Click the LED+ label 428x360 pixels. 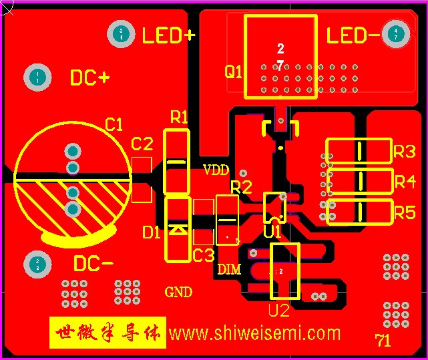pos(168,35)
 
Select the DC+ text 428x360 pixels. pos(89,78)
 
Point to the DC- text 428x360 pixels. pos(93,263)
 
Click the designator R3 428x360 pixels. pos(405,151)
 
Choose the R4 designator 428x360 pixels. pos(405,182)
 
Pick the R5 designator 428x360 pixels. pos(405,213)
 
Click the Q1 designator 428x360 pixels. pos(233,72)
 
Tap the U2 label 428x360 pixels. pos(278,311)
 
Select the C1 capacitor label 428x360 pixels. pos(114,124)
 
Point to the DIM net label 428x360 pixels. pos(229,270)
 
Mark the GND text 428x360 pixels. pos(178,292)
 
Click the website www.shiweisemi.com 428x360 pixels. pos(254,333)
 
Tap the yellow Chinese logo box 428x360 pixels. pos(108,333)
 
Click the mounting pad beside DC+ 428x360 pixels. pos(39,78)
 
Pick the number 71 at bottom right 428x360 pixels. pos(383,341)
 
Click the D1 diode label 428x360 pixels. pos(152,232)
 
